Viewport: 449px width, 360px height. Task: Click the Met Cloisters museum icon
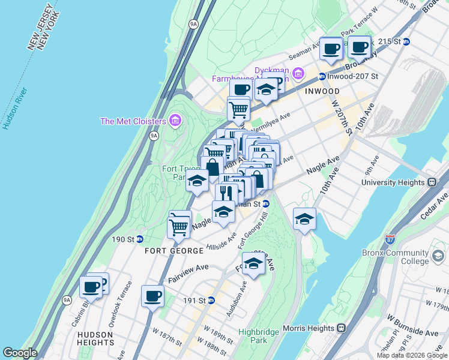pos(175,121)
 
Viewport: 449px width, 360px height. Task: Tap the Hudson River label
pos(14,109)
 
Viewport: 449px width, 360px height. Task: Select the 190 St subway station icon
pos(139,239)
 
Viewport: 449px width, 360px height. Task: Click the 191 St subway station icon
pos(211,300)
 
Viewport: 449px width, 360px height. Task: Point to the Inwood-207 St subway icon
pos(322,76)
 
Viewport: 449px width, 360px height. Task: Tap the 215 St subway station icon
pos(406,41)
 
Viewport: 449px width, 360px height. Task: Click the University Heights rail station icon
pos(431,182)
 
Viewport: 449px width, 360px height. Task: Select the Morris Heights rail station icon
pos(342,328)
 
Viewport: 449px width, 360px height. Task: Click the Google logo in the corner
pos(20,353)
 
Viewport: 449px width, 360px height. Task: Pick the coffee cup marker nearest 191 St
pos(152,295)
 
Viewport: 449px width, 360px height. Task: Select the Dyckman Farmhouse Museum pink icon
pos(298,73)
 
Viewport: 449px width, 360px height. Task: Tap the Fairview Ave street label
pos(188,275)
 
